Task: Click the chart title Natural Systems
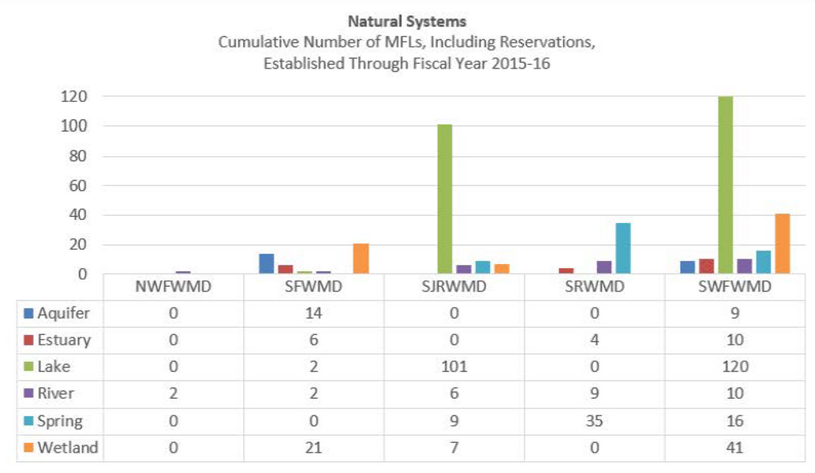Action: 406,22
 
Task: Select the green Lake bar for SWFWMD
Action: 725,185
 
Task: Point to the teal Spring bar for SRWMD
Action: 622,248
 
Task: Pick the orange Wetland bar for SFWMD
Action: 361,259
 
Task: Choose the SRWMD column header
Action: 594,287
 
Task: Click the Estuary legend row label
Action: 63,340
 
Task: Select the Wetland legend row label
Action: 67,448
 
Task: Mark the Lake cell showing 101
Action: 454,367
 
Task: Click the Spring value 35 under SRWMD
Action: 594,421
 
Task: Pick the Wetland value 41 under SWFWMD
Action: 734,448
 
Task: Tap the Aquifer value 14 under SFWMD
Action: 313,313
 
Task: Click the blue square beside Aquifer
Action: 28,313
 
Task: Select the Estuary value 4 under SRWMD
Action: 594,340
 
